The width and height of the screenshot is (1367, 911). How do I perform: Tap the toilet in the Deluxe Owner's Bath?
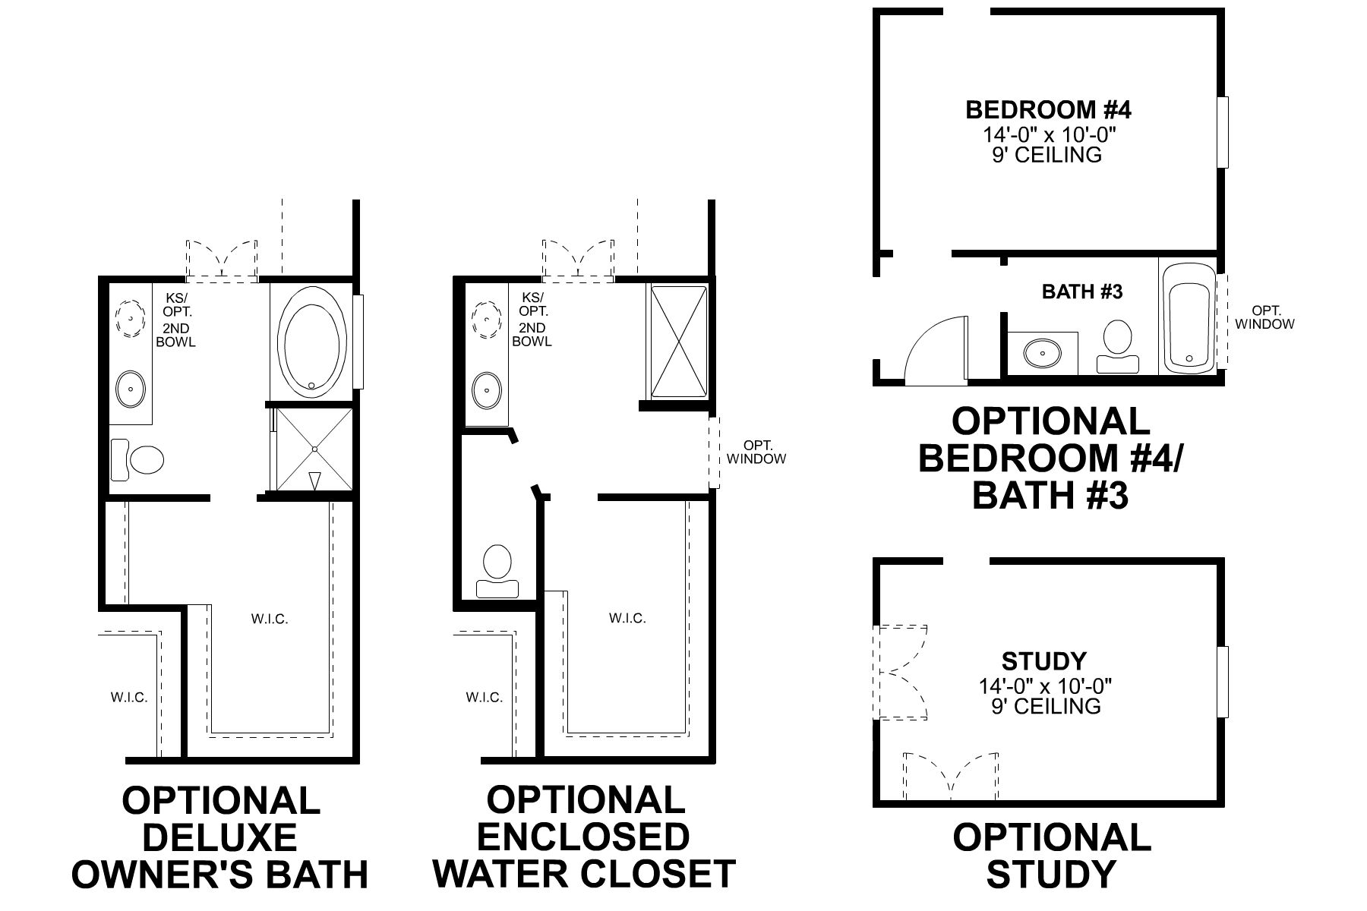140,459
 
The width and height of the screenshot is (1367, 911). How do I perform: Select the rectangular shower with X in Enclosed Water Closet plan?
678,340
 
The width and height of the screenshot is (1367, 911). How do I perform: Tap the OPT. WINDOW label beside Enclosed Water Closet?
756,452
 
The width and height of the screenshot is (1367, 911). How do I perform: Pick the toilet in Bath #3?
1117,345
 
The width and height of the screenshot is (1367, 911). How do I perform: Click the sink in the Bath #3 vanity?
1043,352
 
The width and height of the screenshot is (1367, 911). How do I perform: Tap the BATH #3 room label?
1081,292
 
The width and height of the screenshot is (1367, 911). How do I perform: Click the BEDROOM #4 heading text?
1048,110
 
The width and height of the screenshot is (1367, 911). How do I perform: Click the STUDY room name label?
1044,660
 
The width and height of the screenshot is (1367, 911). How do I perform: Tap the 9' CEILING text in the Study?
1046,706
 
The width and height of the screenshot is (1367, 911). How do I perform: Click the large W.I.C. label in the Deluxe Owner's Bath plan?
270,619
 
